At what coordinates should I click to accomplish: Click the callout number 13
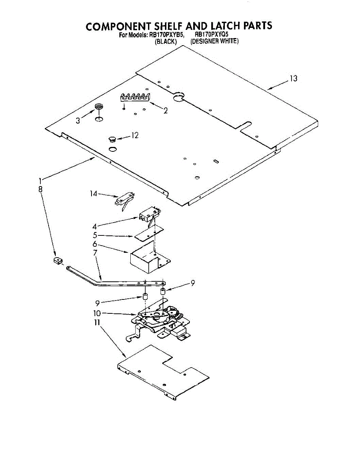coord(293,78)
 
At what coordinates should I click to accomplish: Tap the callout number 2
coord(165,110)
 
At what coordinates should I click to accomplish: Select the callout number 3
coord(78,121)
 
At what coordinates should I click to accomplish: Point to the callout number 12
coord(135,135)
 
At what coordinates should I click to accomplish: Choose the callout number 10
coord(97,313)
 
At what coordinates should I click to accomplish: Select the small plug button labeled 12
coord(111,139)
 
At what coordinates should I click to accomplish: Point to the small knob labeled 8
coord(57,260)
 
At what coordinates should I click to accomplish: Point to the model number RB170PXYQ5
coord(212,35)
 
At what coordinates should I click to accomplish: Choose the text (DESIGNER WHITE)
coord(215,41)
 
